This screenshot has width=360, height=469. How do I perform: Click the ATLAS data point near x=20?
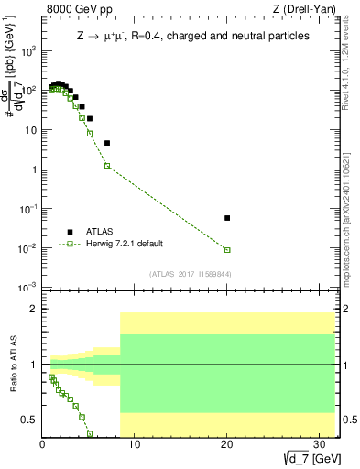click(227, 218)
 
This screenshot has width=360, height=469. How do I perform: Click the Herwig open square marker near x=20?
click(227, 249)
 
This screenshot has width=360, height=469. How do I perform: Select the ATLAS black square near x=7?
click(107, 143)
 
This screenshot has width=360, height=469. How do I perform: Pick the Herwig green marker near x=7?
click(107, 166)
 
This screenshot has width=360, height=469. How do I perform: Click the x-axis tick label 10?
click(134, 444)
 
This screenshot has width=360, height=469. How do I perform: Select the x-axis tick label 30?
click(318, 444)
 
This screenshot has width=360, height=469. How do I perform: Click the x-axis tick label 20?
click(226, 444)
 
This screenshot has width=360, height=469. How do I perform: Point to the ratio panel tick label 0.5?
click(29, 420)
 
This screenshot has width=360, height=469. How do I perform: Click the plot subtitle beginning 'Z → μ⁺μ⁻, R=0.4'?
click(192, 36)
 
